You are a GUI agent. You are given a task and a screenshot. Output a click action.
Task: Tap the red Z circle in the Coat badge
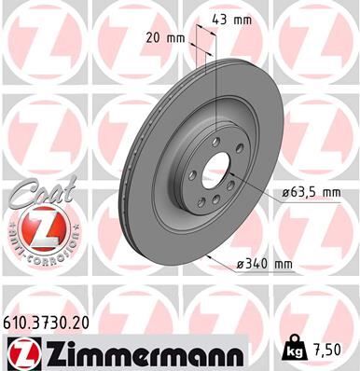34,227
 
